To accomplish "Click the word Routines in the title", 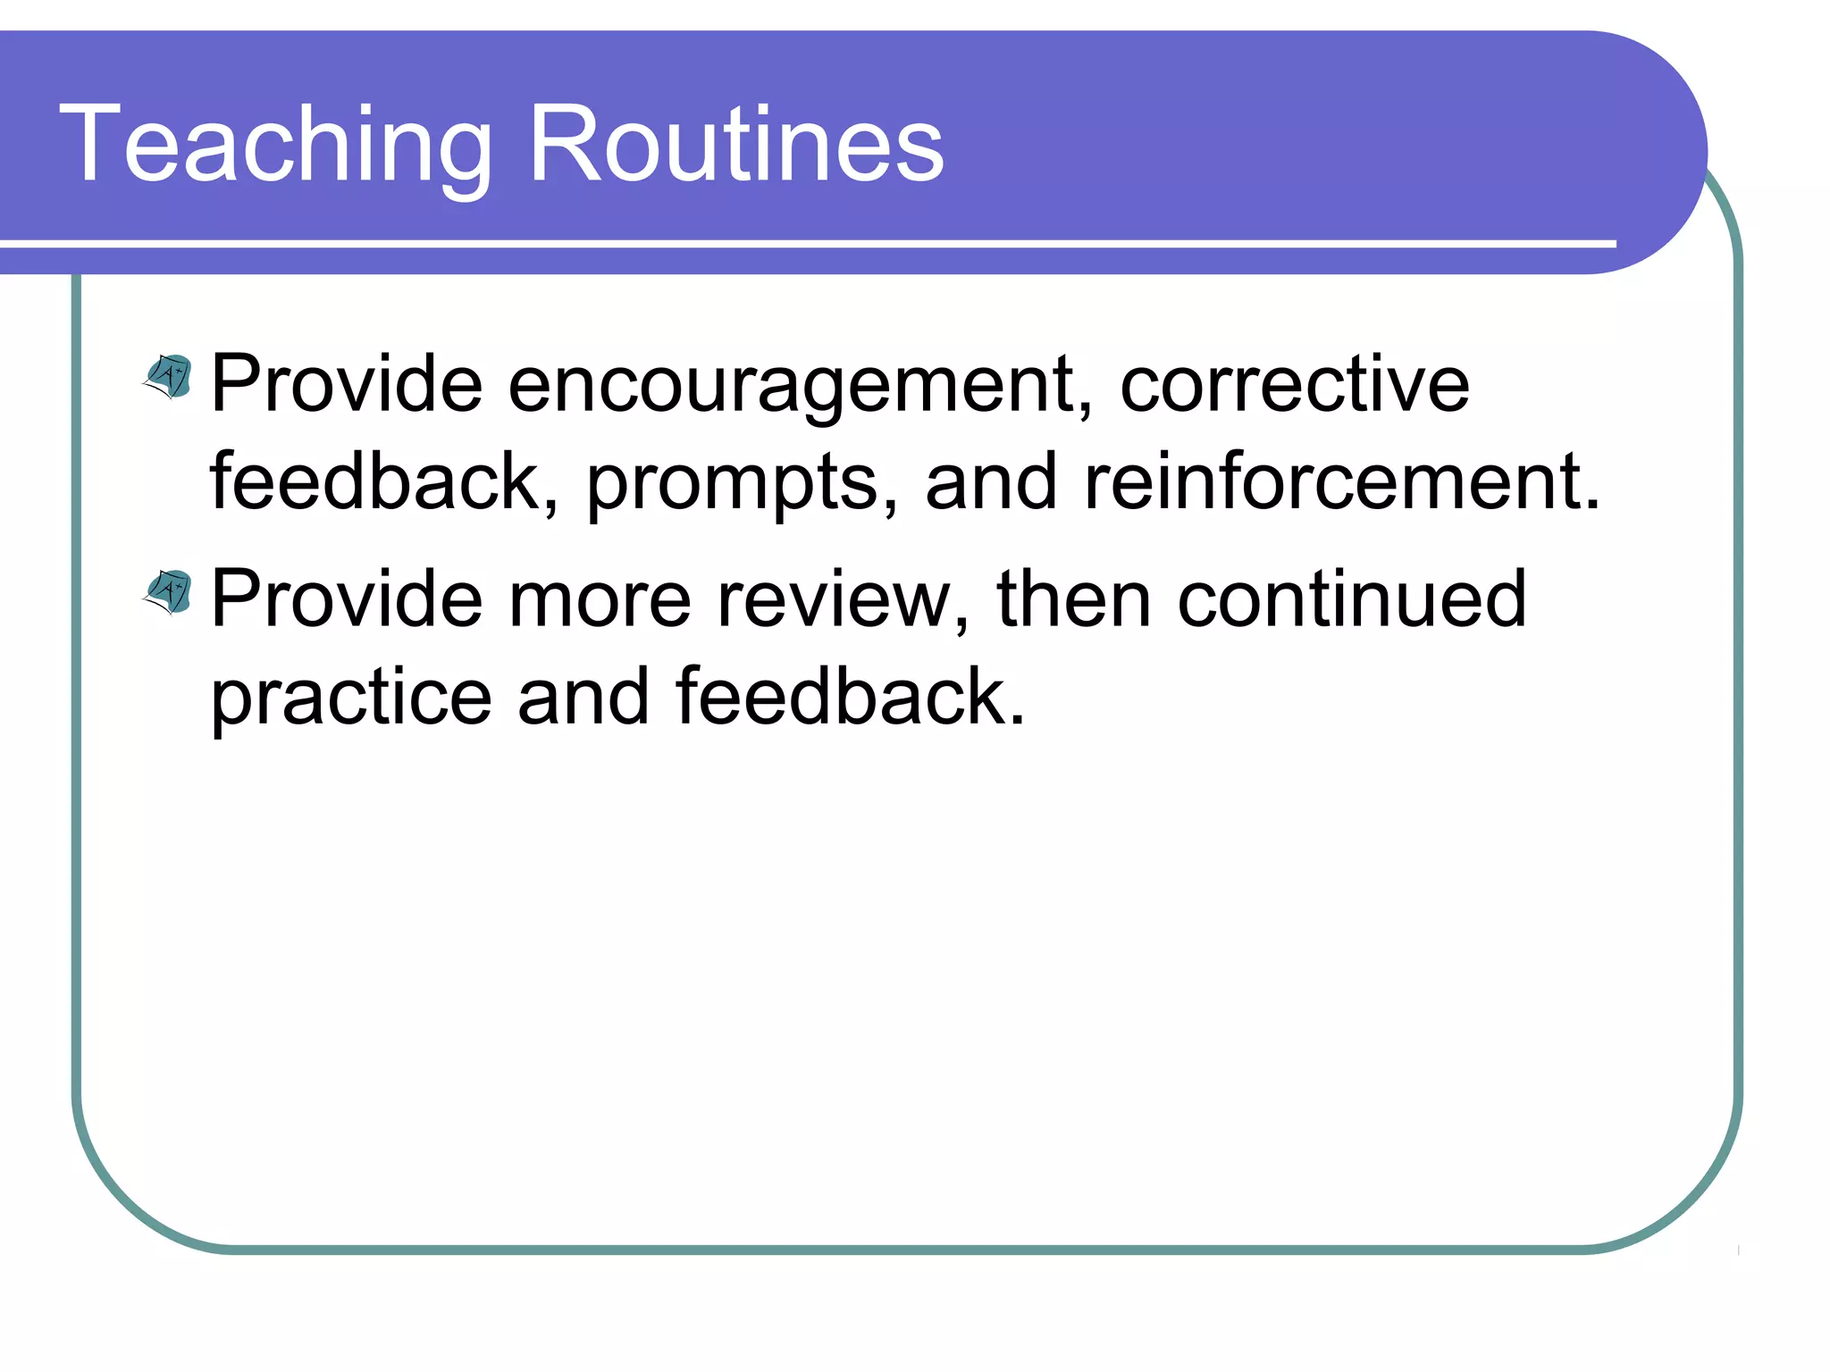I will click(736, 146).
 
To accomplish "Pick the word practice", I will click(350, 699).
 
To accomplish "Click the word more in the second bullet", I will click(600, 600).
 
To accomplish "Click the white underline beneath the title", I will click(804, 243).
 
